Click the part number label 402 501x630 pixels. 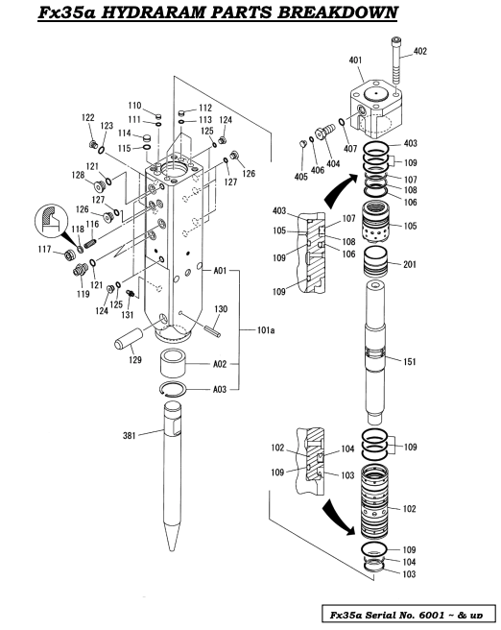pos(420,51)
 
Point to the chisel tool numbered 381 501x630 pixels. pos(175,480)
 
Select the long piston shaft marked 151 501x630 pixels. pos(375,360)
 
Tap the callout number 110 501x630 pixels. pos(134,105)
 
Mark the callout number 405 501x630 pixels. pos(301,176)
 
